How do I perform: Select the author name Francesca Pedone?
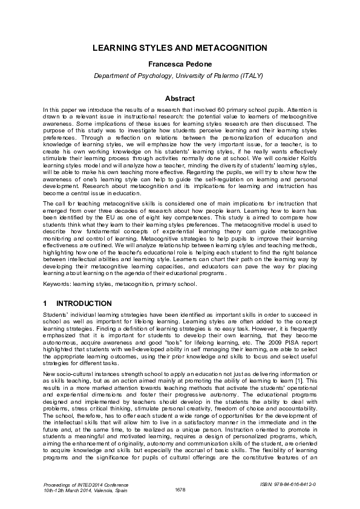pyautogui.click(x=180, y=63)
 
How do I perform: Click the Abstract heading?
pyautogui.click(x=180, y=99)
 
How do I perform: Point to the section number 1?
pyautogui.click(x=45, y=303)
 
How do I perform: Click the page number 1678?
pyautogui.click(x=180, y=488)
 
